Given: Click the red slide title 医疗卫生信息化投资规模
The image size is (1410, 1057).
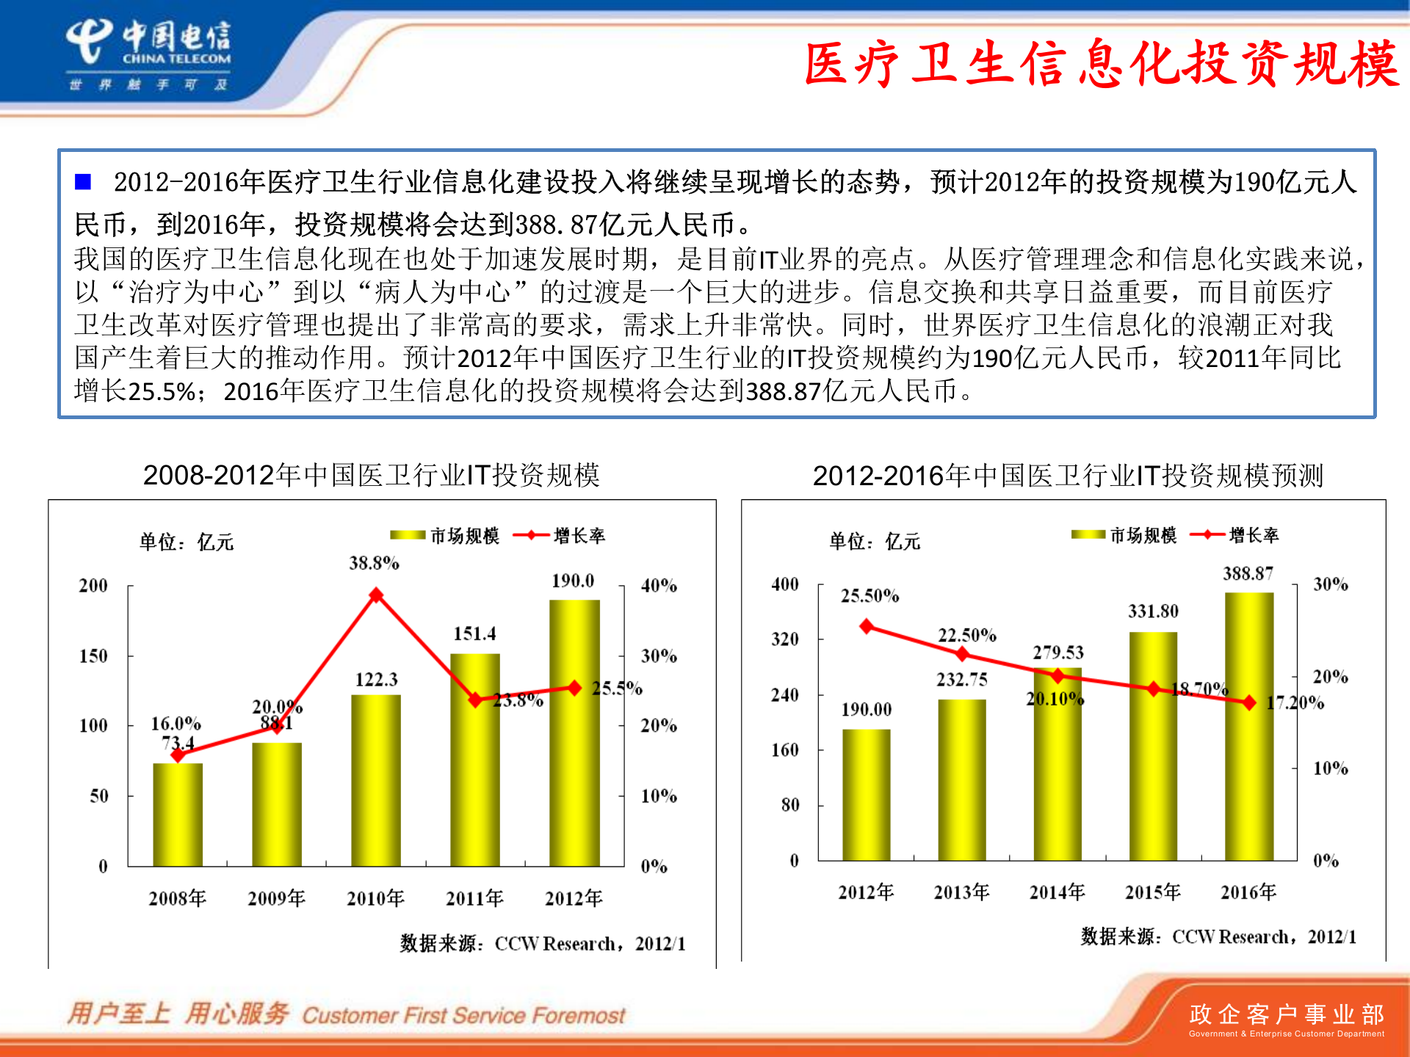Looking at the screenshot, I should tap(1102, 65).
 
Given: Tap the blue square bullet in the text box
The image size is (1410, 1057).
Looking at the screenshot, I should tap(83, 181).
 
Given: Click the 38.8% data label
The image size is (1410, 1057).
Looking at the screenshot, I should tap(374, 563).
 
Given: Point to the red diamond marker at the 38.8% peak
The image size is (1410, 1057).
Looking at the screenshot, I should tap(376, 595).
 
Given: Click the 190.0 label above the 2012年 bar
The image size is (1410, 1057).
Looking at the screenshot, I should tap(573, 581).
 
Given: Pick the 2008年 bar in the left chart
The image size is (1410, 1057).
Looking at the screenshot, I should tap(178, 814).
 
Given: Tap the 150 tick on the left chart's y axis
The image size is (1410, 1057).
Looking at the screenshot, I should tap(93, 655).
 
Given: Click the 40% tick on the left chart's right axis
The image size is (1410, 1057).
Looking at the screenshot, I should tap(659, 586).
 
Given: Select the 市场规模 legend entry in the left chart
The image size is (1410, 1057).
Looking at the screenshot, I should tap(445, 536).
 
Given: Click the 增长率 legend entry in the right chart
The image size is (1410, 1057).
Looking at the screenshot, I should tap(1235, 535).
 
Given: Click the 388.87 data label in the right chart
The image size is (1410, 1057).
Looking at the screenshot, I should tap(1248, 573).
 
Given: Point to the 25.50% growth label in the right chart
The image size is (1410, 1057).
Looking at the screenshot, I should tap(869, 595).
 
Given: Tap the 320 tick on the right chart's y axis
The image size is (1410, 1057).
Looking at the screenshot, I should tap(784, 639).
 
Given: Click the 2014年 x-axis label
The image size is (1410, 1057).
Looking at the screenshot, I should tap(1057, 892).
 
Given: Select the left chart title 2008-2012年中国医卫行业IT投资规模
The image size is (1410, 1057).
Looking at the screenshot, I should tap(371, 475).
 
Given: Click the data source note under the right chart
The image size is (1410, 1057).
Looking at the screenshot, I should tap(1218, 937).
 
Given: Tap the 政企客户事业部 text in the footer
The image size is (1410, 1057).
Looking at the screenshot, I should tap(1286, 1014).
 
